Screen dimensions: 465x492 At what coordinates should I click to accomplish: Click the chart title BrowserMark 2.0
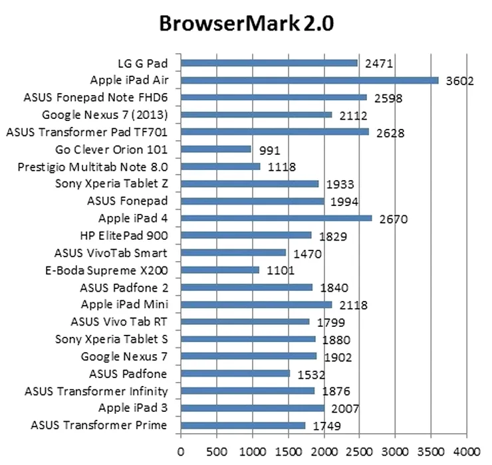coord(246,24)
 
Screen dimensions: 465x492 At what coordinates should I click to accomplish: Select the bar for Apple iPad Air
coord(310,80)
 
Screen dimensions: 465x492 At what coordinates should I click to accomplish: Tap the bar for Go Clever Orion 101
coord(216,149)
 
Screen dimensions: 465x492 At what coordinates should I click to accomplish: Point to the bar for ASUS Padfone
coord(235,373)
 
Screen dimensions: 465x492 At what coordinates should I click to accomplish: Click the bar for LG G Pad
coord(269,63)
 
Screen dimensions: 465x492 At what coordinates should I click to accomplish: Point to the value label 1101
coord(281,272)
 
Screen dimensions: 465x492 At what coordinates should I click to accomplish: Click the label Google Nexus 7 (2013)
coord(104,115)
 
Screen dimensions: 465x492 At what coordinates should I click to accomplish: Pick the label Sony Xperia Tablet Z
coord(111,184)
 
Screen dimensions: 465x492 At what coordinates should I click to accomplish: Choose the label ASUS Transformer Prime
coord(99,425)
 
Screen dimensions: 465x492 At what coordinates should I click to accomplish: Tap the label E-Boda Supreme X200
coord(111,270)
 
